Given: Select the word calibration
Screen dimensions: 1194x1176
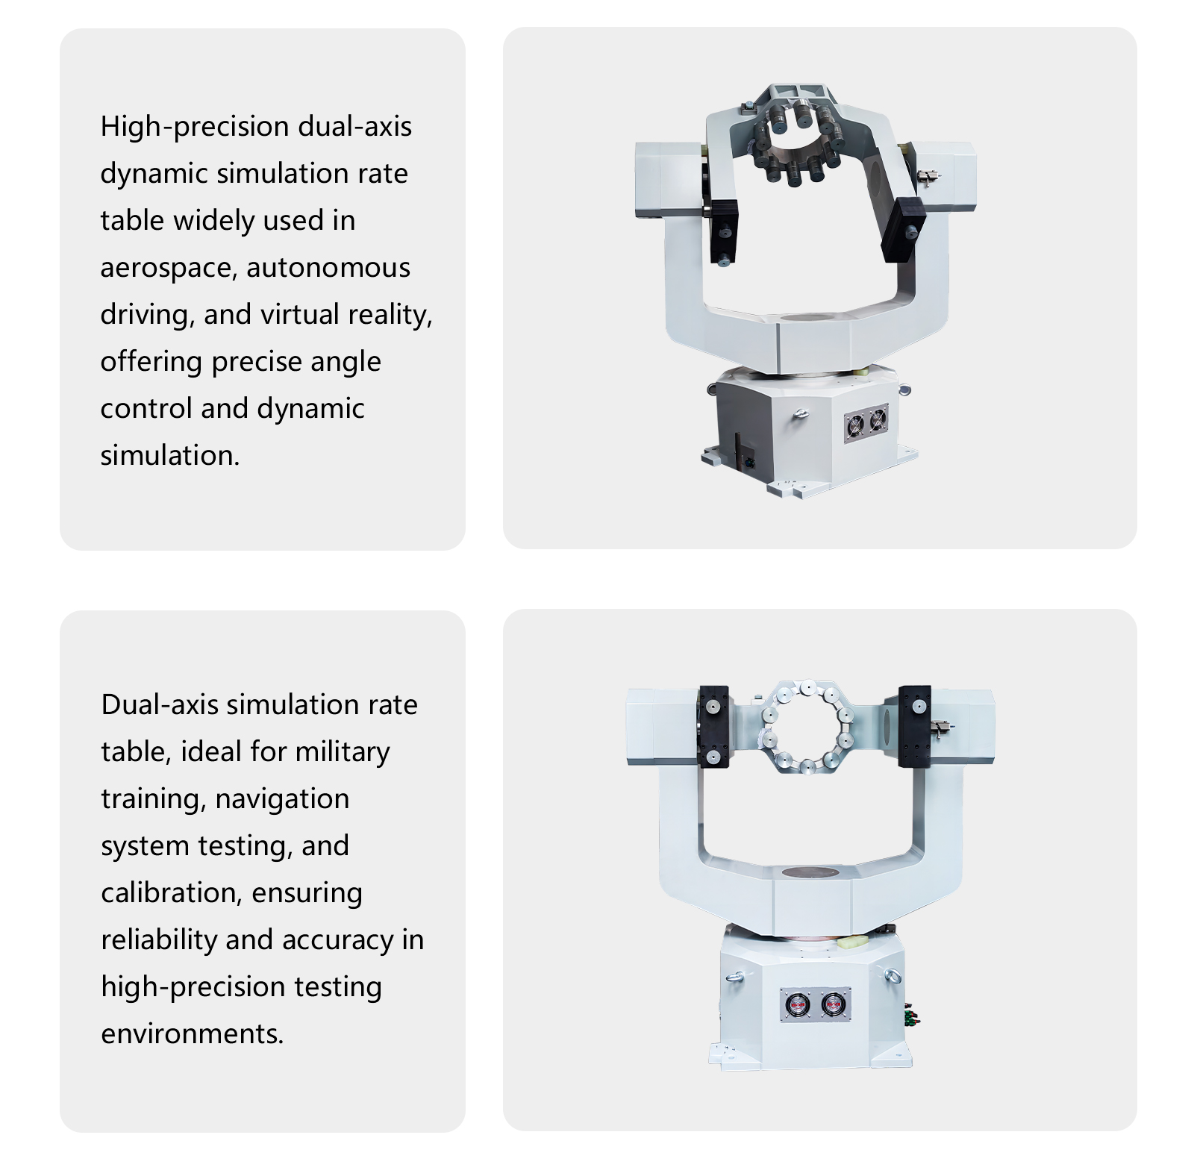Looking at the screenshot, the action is pyautogui.click(x=171, y=892).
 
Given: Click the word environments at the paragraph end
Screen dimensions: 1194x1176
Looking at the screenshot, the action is pyautogui.click(x=192, y=1034).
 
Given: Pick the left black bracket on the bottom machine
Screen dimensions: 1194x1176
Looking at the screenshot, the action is pyautogui.click(x=713, y=726).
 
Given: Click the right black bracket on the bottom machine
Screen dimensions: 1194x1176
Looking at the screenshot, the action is pyautogui.click(x=914, y=726).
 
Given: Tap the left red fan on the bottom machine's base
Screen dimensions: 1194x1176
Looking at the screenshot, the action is pyautogui.click(x=798, y=1005).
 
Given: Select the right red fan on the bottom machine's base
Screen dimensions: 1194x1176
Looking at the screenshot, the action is pyautogui.click(x=833, y=1004).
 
